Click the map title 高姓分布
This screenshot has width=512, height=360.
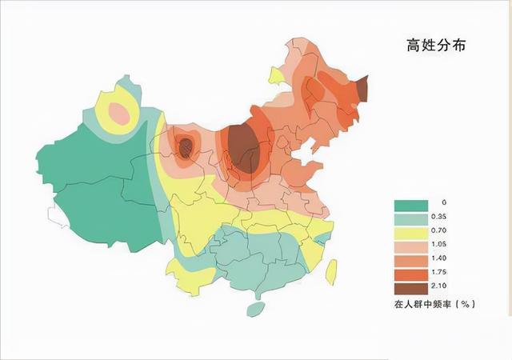pyautogui.click(x=434, y=46)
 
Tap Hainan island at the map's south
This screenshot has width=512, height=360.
pyautogui.click(x=254, y=309)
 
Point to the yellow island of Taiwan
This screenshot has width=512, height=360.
pyautogui.click(x=330, y=269)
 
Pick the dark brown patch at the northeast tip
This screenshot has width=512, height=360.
pyautogui.click(x=362, y=88)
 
